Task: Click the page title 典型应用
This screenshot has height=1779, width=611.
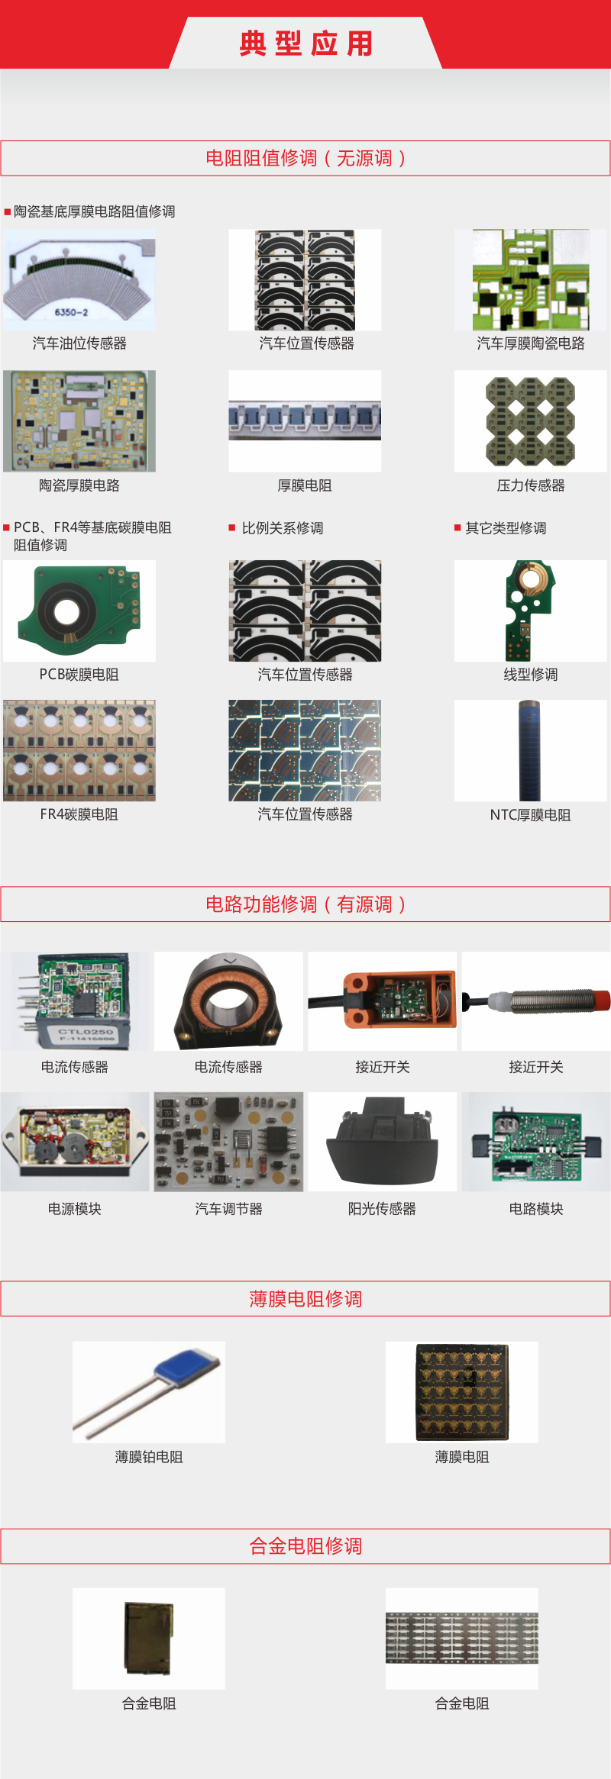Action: click(x=306, y=44)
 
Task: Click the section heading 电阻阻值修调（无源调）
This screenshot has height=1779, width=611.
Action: click(x=305, y=158)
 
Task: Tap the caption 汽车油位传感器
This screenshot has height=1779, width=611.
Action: click(x=79, y=343)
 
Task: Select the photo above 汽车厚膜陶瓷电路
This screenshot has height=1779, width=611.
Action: click(x=531, y=279)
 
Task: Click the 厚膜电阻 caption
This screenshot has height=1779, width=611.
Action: click(x=305, y=485)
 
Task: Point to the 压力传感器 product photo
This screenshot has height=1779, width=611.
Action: click(x=531, y=421)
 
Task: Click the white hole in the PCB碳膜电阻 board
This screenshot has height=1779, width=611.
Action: click(x=66, y=611)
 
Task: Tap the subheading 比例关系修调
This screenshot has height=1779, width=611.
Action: click(x=283, y=528)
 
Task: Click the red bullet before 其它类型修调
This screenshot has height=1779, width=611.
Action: click(x=457, y=527)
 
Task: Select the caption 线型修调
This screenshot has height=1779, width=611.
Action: click(x=531, y=675)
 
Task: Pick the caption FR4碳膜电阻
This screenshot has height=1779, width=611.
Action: click(x=79, y=814)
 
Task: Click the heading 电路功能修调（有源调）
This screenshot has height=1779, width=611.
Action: click(x=305, y=904)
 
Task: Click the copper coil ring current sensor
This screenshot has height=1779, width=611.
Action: click(x=228, y=1002)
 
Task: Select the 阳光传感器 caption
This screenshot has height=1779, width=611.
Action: click(x=382, y=1209)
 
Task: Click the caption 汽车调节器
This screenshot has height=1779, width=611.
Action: click(x=228, y=1209)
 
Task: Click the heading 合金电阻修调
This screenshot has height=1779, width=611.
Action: click(x=305, y=1546)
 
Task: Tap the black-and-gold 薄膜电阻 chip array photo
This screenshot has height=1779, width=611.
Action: click(x=462, y=1392)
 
